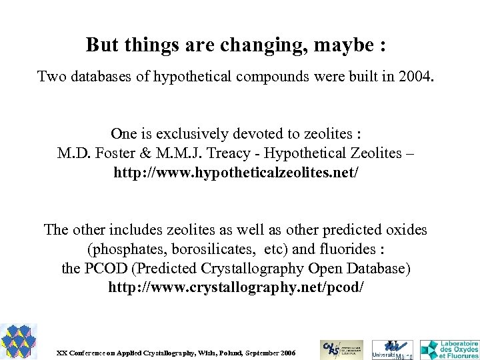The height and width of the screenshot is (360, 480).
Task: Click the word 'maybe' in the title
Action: [x=349, y=45]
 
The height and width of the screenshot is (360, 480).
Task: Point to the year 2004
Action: [x=416, y=76]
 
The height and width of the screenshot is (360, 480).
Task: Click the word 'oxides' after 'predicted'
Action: [x=405, y=230]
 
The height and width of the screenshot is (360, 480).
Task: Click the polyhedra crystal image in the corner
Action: [x=18, y=341]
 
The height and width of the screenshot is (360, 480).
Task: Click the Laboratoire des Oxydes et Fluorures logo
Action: [x=449, y=348]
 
